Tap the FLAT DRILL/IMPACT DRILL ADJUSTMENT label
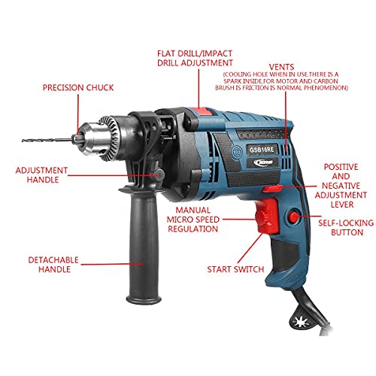pos(195,57)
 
